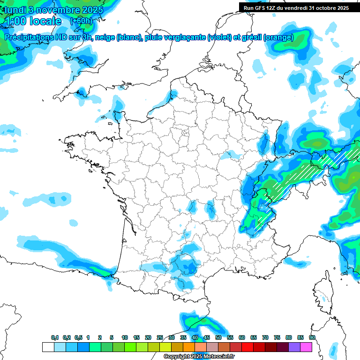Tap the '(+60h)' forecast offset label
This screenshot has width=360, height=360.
click(81, 21)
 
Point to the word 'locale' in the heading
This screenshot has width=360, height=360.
click(45, 21)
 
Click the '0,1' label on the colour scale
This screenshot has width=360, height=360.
click(55, 337)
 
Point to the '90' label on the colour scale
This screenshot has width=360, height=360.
click(312, 337)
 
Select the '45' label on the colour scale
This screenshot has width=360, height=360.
click(207, 337)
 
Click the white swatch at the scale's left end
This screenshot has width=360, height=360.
click(48, 347)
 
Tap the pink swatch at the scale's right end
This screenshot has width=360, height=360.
click(306, 347)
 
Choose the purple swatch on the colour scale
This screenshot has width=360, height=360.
click(294, 347)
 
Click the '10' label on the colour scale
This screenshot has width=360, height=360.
click(125, 337)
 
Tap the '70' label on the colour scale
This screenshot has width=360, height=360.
click(265, 337)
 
